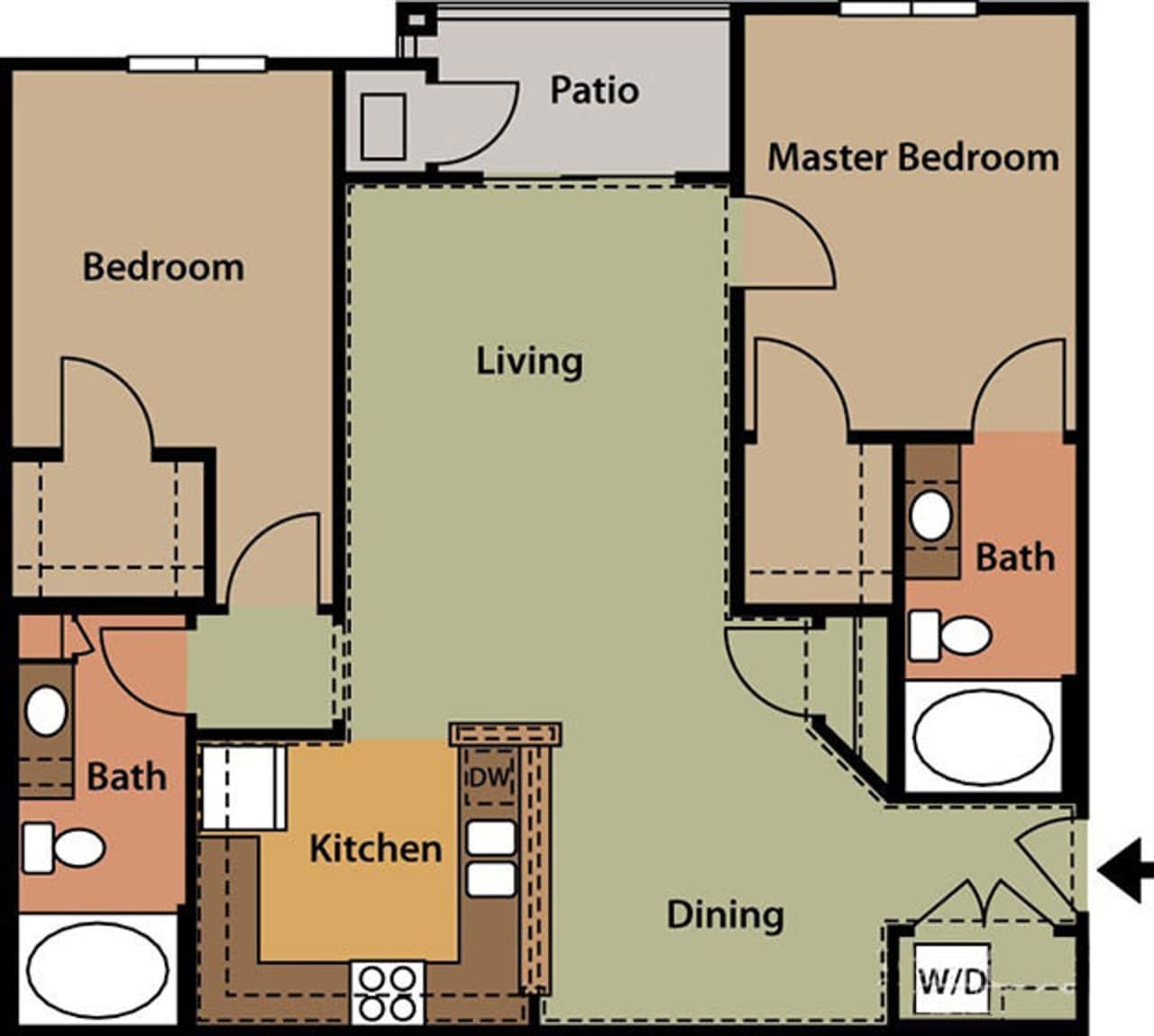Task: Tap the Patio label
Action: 594,90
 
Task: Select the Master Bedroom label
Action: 912,157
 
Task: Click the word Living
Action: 529,361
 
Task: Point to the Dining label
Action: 725,914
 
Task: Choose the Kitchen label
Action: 375,848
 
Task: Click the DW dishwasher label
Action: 488,775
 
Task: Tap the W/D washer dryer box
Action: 951,980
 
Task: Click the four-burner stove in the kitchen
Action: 388,992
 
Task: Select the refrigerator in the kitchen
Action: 242,787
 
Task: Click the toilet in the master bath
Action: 948,635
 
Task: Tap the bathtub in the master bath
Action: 983,736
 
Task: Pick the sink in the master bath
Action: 930,515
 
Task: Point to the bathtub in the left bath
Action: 97,970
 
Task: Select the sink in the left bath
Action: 45,711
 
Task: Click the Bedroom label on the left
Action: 163,268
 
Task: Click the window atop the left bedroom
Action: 197,64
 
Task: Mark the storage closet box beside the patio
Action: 383,125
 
